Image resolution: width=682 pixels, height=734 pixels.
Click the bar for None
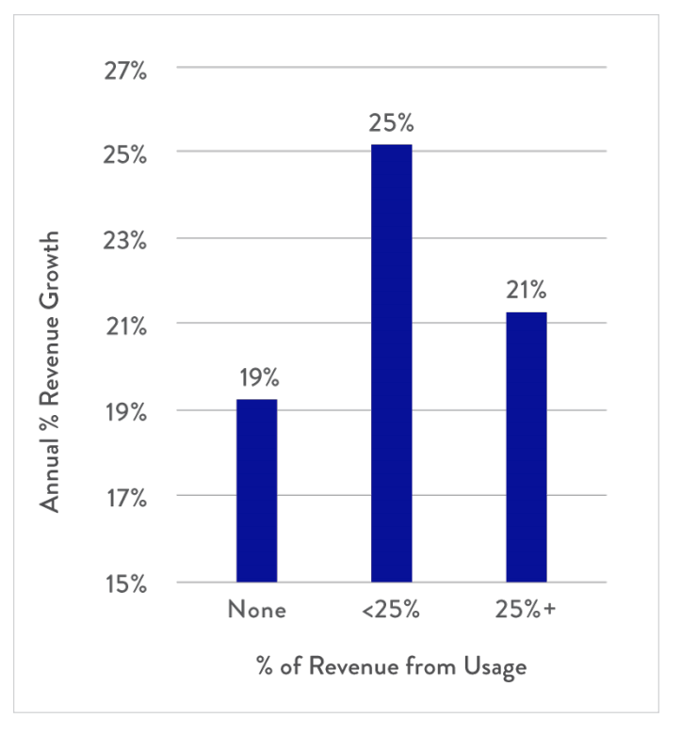click(x=256, y=490)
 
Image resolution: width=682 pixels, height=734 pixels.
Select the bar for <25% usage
click(x=391, y=363)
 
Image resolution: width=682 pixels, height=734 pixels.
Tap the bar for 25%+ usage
click(x=527, y=447)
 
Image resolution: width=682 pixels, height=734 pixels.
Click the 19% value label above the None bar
click(x=259, y=377)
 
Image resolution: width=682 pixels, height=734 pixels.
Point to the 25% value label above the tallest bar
click(x=391, y=123)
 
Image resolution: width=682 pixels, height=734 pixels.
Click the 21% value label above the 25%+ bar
click(x=526, y=290)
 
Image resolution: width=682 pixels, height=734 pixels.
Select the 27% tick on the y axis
click(x=125, y=72)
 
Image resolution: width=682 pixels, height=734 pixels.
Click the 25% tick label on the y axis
click(x=124, y=155)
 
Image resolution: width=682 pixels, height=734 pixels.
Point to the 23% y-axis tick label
click(x=124, y=242)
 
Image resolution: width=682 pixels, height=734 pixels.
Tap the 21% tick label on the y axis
click(x=126, y=327)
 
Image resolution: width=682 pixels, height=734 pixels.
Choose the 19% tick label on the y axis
click(x=125, y=413)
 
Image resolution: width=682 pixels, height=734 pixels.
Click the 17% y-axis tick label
click(x=126, y=498)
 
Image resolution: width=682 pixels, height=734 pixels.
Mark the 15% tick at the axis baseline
click(x=125, y=584)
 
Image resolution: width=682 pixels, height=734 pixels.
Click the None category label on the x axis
click(x=257, y=610)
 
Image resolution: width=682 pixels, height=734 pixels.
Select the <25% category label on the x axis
click(x=391, y=610)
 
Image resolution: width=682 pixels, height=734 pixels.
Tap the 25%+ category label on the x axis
click(x=526, y=610)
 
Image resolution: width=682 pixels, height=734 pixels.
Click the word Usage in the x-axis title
click(x=495, y=666)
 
